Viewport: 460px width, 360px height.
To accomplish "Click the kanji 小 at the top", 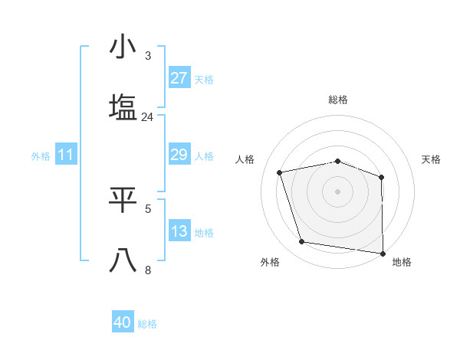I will pyautogui.click(x=123, y=47).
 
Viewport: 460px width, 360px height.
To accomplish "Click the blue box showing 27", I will pyautogui.click(x=179, y=78).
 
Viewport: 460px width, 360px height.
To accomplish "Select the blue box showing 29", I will pyautogui.click(x=179, y=155).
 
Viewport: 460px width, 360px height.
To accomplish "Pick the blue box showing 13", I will pyautogui.click(x=179, y=231).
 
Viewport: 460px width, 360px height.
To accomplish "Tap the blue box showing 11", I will pyautogui.click(x=65, y=155).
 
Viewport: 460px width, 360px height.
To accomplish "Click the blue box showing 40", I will pyautogui.click(x=123, y=322).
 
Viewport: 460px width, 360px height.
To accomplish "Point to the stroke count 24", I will pyautogui.click(x=148, y=117).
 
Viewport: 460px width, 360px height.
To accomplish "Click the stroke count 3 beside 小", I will pyautogui.click(x=148, y=56).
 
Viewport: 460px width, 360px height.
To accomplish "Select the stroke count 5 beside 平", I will pyautogui.click(x=148, y=208).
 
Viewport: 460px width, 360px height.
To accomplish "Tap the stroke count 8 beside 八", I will pyautogui.click(x=148, y=270).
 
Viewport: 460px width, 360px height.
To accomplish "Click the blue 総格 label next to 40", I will pyautogui.click(x=147, y=324).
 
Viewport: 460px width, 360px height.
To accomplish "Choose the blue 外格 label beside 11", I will pyautogui.click(x=41, y=156).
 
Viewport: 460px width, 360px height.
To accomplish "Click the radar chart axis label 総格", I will pyautogui.click(x=338, y=100).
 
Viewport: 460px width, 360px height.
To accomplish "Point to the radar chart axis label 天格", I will pyautogui.click(x=432, y=159).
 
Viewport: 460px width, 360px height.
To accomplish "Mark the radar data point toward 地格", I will pyautogui.click(x=383, y=253).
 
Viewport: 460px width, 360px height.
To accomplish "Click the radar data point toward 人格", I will pyautogui.click(x=280, y=172).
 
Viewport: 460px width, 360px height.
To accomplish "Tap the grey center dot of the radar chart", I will pyautogui.click(x=338, y=191).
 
